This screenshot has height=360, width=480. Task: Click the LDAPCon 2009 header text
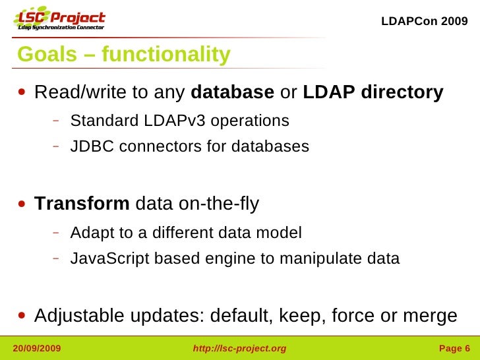[425, 21]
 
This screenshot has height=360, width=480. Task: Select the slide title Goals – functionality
[124, 55]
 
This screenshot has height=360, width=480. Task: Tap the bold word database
[232, 92]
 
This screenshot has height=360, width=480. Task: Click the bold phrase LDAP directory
[373, 92]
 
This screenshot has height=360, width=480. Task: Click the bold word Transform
[82, 204]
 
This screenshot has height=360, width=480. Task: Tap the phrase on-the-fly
[219, 204]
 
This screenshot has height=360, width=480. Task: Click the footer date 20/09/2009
[37, 348]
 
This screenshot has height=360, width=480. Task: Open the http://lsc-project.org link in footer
[239, 348]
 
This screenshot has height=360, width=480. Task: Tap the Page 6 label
[454, 348]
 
